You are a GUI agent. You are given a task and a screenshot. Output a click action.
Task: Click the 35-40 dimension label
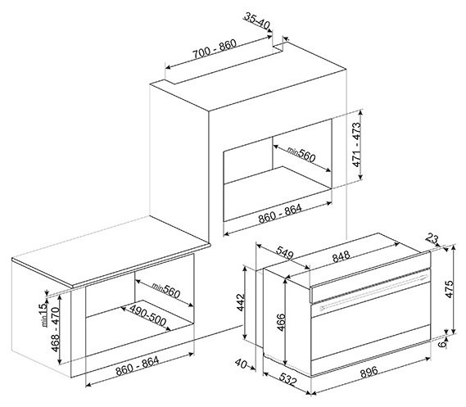pos(257,21)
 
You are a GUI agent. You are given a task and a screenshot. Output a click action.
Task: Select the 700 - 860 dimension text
pos(215,49)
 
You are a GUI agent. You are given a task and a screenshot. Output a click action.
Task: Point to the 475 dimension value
pos(450,289)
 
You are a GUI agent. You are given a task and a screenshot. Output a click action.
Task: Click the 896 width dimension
pos(369,372)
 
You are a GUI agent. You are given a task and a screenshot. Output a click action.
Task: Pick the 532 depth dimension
pos(287,379)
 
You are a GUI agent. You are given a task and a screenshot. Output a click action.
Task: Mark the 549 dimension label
pos(284,252)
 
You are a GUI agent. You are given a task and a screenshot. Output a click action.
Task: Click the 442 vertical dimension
pos(241,302)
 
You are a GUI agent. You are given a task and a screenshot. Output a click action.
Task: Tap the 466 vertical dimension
pos(281,323)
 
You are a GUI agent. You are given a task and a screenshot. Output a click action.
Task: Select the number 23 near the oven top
pos(432,238)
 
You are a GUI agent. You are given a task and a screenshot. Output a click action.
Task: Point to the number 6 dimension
pos(443,344)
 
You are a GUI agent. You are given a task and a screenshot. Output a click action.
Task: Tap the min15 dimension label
pos(43,314)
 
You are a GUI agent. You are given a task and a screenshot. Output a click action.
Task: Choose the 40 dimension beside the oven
pos(241,364)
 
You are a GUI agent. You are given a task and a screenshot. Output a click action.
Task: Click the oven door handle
pos(373,292)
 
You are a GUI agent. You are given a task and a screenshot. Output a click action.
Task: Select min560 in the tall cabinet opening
pos(301,155)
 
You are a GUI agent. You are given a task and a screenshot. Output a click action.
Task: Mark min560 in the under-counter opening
pos(165,290)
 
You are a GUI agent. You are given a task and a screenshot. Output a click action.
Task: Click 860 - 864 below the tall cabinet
pos(280,214)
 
